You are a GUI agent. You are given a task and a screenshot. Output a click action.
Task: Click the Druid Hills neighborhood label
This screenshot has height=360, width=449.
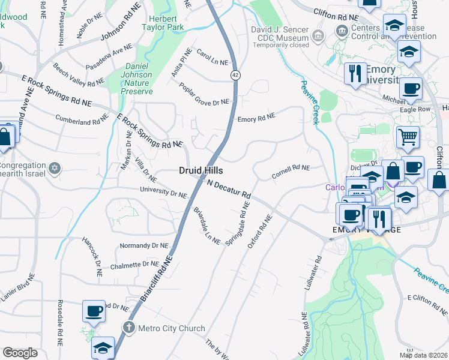click(201, 170)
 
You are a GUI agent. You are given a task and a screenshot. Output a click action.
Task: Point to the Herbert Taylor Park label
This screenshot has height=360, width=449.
click(163, 22)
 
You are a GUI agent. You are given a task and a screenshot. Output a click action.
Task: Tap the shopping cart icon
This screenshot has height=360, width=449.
click(408, 137)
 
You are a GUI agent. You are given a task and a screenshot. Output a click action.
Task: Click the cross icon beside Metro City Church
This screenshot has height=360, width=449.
click(127, 328)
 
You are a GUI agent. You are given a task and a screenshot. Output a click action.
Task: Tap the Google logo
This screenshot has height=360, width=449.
click(20, 352)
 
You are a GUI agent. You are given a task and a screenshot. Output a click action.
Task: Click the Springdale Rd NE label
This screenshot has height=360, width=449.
click(238, 223)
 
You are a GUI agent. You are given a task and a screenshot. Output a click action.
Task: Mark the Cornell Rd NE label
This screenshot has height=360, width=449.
click(291, 172)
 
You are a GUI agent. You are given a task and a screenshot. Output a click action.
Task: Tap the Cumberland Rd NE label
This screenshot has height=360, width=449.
click(81, 120)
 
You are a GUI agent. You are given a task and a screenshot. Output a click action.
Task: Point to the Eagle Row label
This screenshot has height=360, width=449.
click(415, 109)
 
